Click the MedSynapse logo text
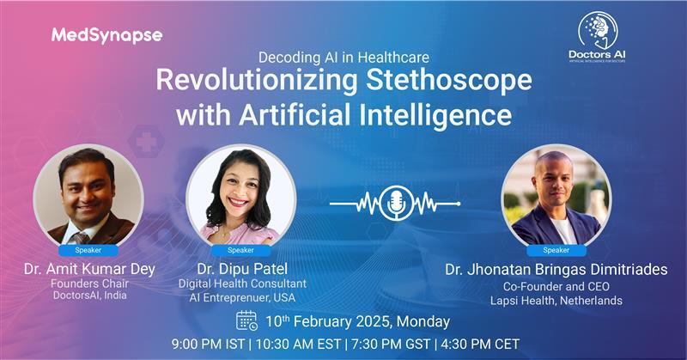(x=106, y=35)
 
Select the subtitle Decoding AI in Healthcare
(x=343, y=58)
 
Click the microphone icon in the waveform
(x=395, y=203)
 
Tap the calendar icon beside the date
(x=246, y=320)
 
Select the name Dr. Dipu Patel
(x=240, y=269)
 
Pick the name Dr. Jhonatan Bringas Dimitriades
(x=556, y=269)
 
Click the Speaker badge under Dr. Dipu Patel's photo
(x=240, y=250)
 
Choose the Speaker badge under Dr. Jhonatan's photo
(x=556, y=250)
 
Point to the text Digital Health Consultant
(x=240, y=284)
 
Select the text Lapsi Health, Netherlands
(x=556, y=301)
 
